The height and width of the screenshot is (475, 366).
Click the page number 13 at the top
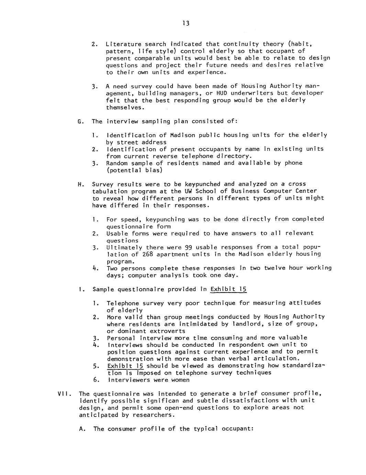click(x=186, y=23)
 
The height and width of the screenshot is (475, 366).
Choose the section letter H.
click(x=80, y=184)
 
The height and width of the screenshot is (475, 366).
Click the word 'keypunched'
click(x=203, y=184)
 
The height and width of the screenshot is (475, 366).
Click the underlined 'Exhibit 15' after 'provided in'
click(x=229, y=289)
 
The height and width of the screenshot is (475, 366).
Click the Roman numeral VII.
click(x=63, y=394)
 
